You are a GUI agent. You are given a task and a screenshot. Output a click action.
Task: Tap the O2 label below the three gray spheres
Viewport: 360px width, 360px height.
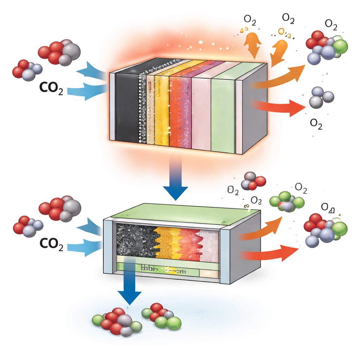(316, 124)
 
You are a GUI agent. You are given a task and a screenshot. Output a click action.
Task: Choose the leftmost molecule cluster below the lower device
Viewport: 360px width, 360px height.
(116, 321)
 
